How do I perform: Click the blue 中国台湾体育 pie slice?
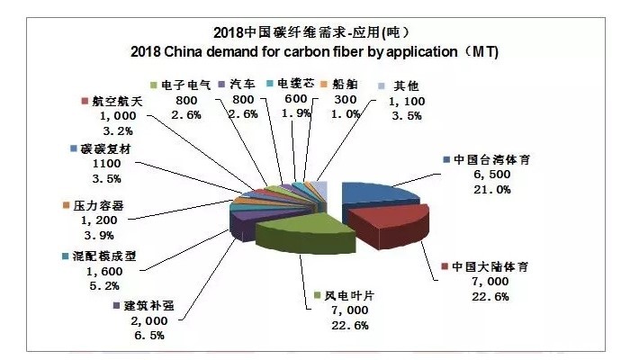click(x=373, y=196)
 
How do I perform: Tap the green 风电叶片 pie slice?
click(x=297, y=237)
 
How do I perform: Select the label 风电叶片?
click(x=347, y=295)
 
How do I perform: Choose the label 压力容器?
click(x=100, y=205)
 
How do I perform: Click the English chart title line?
click(x=315, y=51)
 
